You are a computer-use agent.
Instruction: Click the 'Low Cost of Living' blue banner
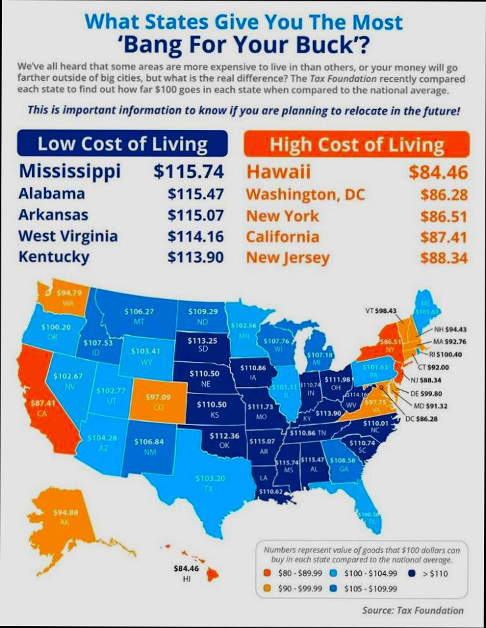(x=122, y=144)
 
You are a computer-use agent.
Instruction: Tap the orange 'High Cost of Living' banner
(x=357, y=144)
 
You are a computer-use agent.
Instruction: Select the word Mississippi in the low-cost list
(x=70, y=171)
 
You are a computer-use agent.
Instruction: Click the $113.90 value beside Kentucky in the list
(x=195, y=257)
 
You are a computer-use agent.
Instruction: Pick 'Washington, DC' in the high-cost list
(x=305, y=195)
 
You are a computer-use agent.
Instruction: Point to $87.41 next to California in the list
(x=444, y=236)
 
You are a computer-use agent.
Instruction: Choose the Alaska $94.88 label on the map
(x=65, y=516)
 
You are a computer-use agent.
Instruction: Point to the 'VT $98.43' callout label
(x=381, y=310)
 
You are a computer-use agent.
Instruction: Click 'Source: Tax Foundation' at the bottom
(x=412, y=610)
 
